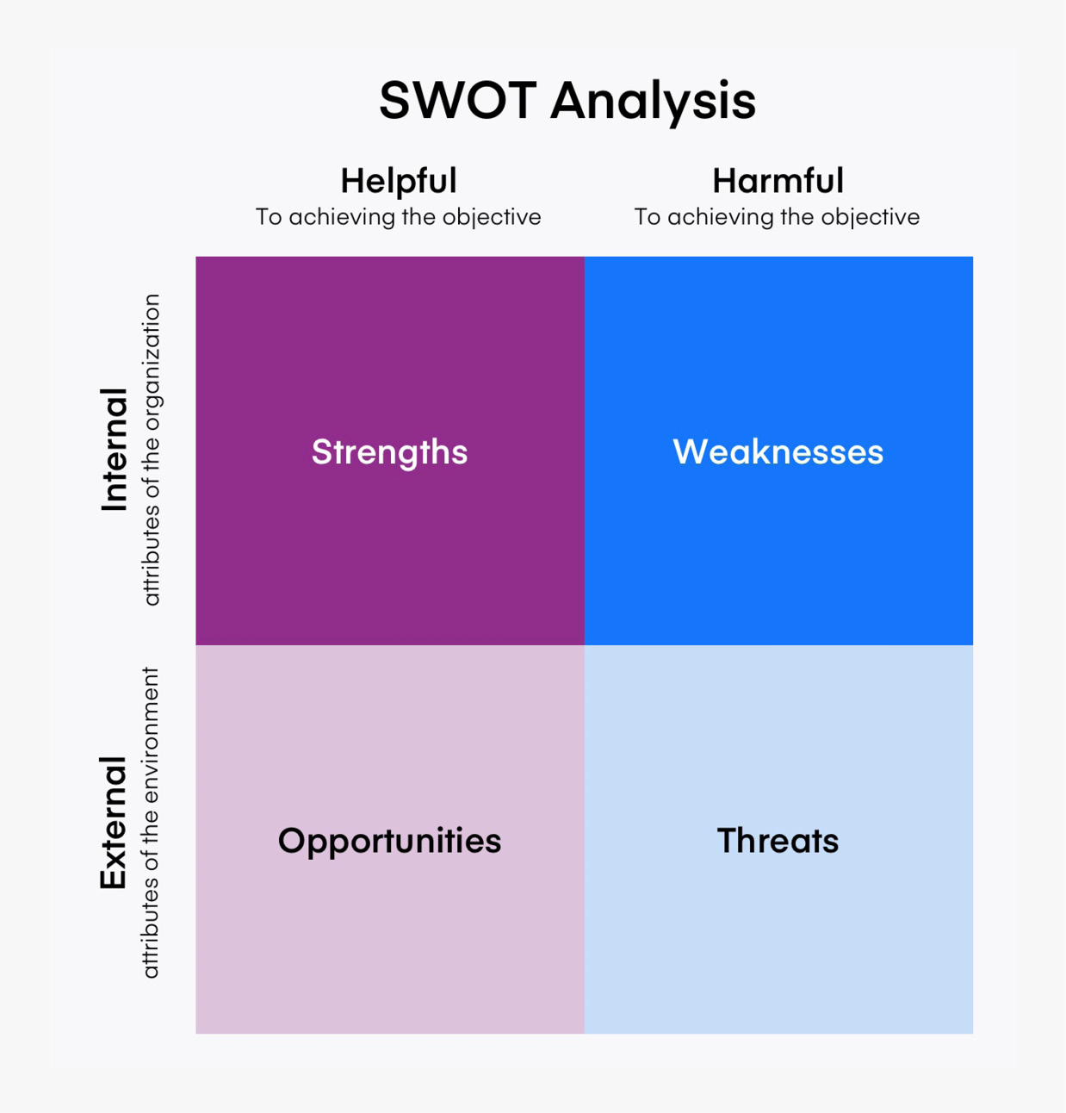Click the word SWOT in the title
tap(458, 101)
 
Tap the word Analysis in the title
tap(654, 103)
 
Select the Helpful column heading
tap(399, 181)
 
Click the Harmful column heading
tap(778, 181)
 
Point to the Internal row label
tap(114, 450)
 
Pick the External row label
tap(113, 823)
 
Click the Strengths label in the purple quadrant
tap(390, 452)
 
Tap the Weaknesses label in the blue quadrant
tap(778, 452)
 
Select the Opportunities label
tap(390, 842)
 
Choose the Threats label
tap(778, 841)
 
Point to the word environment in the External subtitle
tap(151, 736)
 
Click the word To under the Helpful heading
tap(269, 217)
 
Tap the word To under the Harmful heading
tap(648, 217)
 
